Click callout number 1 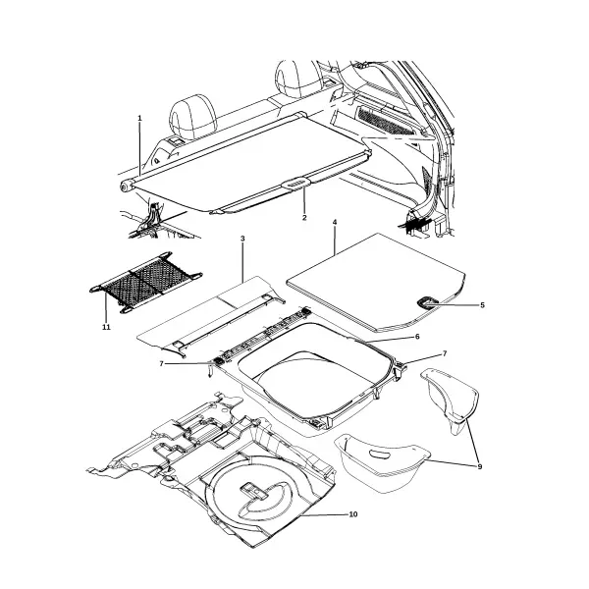[x=139, y=119]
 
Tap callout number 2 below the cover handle [x=304, y=218]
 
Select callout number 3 [x=242, y=239]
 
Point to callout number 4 [x=335, y=223]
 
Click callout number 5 [x=483, y=305]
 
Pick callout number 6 [x=417, y=337]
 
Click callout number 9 [x=480, y=467]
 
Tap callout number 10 [x=353, y=514]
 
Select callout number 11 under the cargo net [x=106, y=327]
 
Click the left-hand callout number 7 [x=162, y=363]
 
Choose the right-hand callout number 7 [x=445, y=353]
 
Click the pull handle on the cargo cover [x=296, y=184]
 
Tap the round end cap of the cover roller [x=125, y=187]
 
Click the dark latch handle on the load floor [x=427, y=302]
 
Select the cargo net [x=145, y=283]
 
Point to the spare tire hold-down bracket [x=253, y=491]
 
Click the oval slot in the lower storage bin [x=380, y=455]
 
